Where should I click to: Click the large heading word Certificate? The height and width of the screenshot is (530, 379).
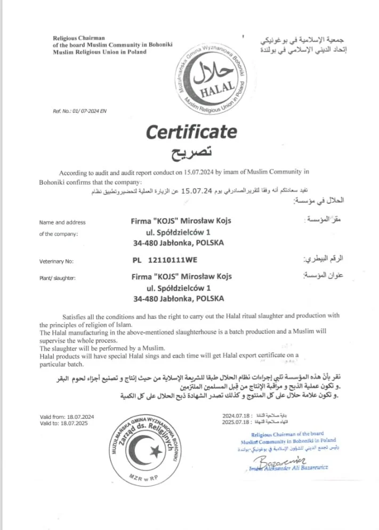pyautogui.click(x=191, y=131)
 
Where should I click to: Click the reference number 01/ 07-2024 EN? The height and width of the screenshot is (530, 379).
pyautogui.click(x=80, y=111)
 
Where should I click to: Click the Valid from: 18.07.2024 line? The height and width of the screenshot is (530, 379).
pyautogui.click(x=67, y=416)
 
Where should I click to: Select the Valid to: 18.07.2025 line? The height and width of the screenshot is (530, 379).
pyautogui.click(x=63, y=423)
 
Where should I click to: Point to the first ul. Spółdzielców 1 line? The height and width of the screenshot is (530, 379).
pyautogui.click(x=178, y=232)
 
